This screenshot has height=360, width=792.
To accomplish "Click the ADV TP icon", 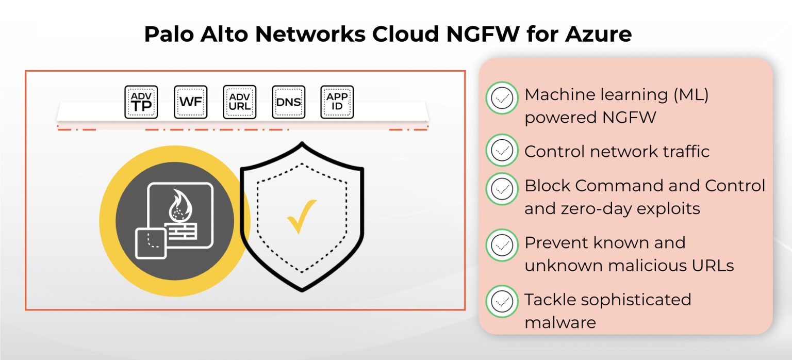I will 141,102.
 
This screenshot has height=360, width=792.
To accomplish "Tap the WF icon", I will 191,102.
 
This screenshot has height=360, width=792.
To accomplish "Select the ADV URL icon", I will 240,102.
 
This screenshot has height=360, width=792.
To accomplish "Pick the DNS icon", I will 289,102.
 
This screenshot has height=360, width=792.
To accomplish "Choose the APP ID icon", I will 337,102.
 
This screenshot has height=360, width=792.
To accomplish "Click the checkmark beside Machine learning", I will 502,98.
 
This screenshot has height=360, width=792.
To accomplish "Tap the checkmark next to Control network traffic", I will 502,151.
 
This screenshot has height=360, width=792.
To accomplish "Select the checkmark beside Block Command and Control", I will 502,189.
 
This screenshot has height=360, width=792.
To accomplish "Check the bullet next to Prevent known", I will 502,245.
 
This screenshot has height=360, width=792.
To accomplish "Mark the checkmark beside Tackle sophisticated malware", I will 502,301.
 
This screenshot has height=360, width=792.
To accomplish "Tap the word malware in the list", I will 560,322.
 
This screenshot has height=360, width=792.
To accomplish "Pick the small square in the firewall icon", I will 151,243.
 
